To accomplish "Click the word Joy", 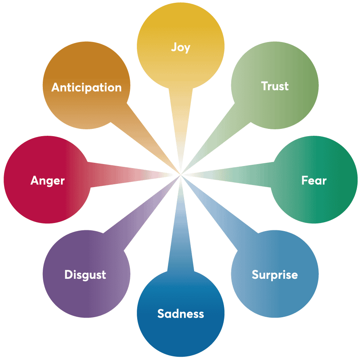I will pos(180,47).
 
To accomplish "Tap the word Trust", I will pos(275,86).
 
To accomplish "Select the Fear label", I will pos(314,180).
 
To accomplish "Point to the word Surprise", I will pos(274,275).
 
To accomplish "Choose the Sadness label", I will pos(180,314).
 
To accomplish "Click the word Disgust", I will pos(85,275).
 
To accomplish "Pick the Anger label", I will pos(48,180).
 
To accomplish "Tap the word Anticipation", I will pos(86,87).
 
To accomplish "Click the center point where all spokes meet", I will pos(180,175).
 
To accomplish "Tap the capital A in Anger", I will pos(35,180).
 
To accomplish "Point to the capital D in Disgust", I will pos(68,275).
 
